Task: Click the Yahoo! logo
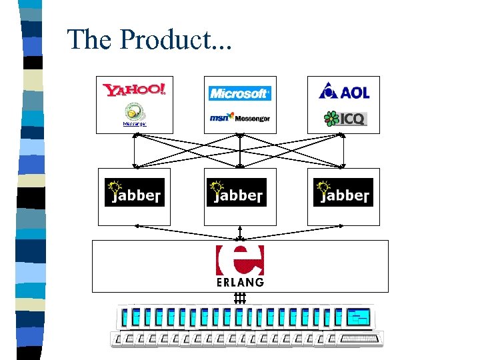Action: [x=134, y=89]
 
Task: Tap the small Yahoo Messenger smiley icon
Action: [x=134, y=111]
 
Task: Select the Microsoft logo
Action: [x=240, y=93]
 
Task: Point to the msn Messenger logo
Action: [x=240, y=117]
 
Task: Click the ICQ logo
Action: [x=345, y=119]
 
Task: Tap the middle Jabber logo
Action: [x=237, y=192]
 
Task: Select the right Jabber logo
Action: [x=343, y=192]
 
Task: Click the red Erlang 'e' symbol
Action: [x=240, y=260]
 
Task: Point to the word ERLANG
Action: [x=240, y=282]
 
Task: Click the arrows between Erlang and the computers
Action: [x=240, y=297]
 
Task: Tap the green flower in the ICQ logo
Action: [x=331, y=119]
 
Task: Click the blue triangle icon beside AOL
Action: [x=328, y=91]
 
